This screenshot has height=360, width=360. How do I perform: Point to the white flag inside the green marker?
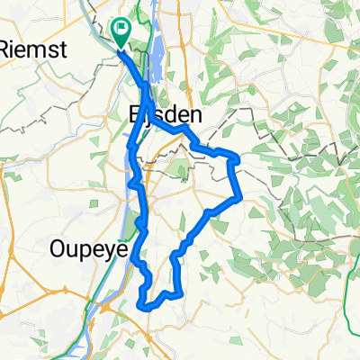coord(121,30)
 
